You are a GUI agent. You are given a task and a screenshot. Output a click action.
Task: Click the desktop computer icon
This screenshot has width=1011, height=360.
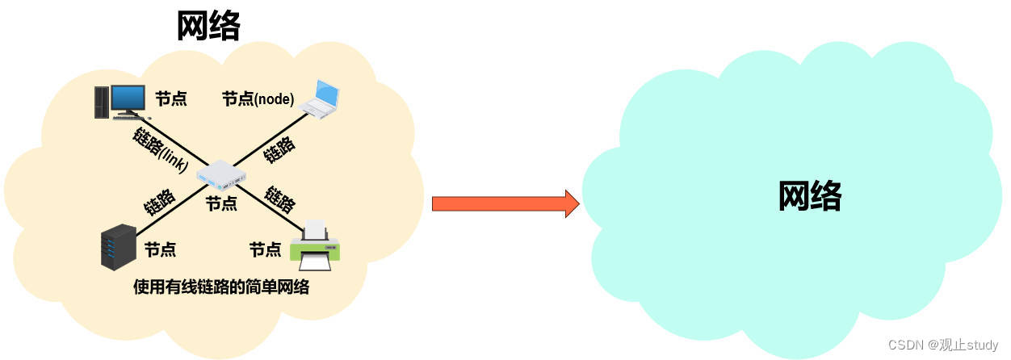click(118, 102)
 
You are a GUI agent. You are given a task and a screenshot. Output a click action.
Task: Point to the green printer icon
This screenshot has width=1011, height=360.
click(315, 248)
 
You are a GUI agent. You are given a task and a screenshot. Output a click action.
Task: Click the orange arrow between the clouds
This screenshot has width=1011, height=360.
click(505, 203)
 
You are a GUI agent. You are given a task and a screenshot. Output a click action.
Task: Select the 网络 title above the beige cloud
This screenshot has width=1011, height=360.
click(208, 27)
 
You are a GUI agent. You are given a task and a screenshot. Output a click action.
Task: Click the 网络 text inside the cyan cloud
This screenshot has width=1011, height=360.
click(809, 195)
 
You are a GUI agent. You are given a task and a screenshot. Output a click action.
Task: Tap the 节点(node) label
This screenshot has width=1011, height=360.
click(258, 99)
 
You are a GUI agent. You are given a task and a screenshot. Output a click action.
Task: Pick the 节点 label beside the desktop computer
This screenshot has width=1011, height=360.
click(171, 99)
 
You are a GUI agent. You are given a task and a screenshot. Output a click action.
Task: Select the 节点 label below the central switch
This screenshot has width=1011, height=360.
click(221, 203)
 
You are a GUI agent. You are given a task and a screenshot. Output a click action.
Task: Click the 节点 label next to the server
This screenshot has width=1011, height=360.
click(160, 250)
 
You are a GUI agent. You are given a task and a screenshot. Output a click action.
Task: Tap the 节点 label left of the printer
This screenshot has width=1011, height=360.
click(265, 250)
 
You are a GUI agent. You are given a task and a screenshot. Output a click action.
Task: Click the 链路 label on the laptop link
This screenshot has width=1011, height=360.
click(279, 149)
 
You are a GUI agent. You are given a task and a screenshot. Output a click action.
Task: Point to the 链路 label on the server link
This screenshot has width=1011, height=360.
click(160, 202)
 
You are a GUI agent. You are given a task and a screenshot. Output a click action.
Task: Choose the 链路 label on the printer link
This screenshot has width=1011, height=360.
click(280, 199)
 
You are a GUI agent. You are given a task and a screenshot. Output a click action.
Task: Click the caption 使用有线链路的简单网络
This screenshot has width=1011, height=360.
click(221, 287)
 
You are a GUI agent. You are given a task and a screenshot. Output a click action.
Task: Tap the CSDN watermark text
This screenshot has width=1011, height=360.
click(943, 345)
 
